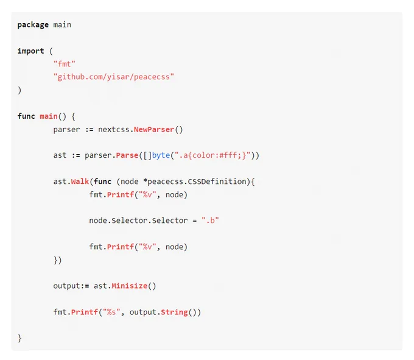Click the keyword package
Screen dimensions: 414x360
pos(33,25)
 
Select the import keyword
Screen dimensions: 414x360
pos(30,51)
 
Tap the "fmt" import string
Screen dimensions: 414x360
pos(65,64)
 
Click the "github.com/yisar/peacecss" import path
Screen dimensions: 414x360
pos(114,77)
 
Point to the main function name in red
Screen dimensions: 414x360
pos(49,116)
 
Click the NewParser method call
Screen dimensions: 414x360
pos(154,129)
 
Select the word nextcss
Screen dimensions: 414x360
pos(114,129)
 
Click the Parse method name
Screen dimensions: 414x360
pos(127,155)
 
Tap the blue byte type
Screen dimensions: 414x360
pos(161,155)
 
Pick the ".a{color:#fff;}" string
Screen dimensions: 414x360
pos(212,155)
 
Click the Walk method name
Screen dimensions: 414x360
pos(80,182)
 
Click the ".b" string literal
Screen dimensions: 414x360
pos(210,221)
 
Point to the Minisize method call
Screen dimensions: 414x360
pos(129,286)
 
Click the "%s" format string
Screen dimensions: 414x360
pos(111,312)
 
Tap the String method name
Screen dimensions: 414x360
pos(174,312)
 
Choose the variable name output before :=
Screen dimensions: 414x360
pos(66,286)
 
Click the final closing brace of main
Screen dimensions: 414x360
pos(19,338)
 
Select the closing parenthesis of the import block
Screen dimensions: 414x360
pos(19,90)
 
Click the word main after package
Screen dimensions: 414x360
pos(62,25)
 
